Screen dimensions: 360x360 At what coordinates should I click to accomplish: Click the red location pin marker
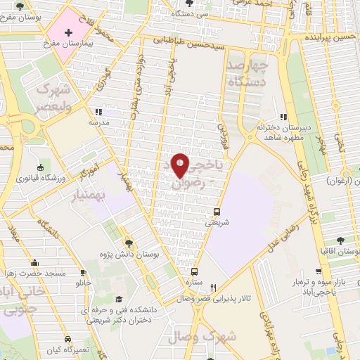pyautogui.click(x=180, y=165)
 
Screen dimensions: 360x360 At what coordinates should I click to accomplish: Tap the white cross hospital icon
pyautogui.click(x=68, y=33)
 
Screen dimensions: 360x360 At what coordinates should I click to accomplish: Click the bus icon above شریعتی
pyautogui.click(x=217, y=211)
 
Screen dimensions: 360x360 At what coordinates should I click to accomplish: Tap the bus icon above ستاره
pyautogui.click(x=195, y=271)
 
